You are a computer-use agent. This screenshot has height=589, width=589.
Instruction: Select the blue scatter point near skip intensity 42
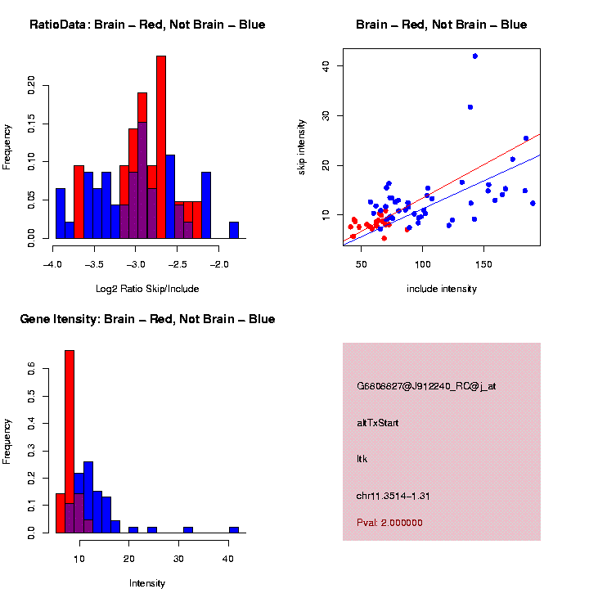click(474, 56)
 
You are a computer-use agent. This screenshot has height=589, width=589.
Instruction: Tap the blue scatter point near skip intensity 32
click(470, 106)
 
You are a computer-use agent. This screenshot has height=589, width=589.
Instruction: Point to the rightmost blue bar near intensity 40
click(234, 529)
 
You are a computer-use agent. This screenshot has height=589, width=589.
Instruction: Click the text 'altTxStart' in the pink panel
click(378, 423)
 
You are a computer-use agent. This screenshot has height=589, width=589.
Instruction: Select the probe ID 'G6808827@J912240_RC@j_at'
click(426, 386)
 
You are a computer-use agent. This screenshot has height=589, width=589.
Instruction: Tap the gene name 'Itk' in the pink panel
click(362, 459)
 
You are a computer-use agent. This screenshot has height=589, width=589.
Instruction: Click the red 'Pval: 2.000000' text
click(389, 523)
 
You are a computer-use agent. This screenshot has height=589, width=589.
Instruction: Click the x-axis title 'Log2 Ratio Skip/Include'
click(148, 288)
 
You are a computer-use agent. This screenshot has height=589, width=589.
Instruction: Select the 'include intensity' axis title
click(441, 288)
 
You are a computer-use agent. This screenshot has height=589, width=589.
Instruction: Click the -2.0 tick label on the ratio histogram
click(220, 264)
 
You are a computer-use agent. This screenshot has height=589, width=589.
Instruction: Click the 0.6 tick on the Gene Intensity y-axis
click(32, 370)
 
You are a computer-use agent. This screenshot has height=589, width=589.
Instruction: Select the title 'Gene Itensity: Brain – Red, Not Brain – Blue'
click(147, 319)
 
